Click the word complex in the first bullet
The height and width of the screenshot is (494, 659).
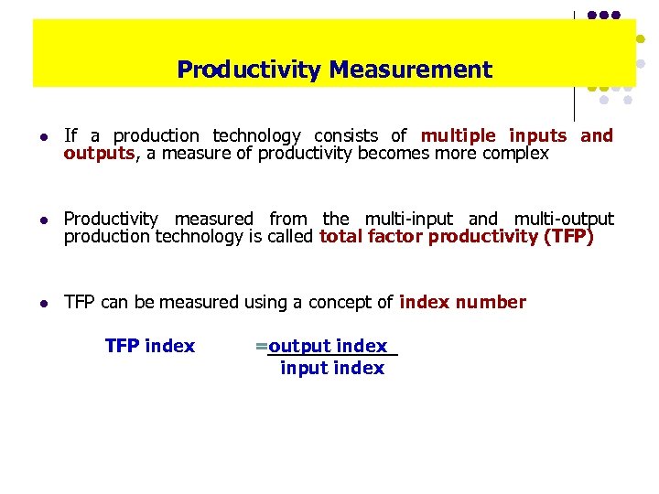pyautogui.click(x=519, y=154)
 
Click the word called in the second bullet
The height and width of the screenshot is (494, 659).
pyautogui.click(x=292, y=237)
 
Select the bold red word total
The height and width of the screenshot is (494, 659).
pyautogui.click(x=342, y=237)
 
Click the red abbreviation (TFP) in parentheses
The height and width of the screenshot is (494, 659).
pyautogui.click(x=569, y=237)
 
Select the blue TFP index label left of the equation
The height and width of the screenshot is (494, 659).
pyautogui.click(x=150, y=346)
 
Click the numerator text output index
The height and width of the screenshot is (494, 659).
pyautogui.click(x=328, y=346)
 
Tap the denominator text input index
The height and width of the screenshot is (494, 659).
pyautogui.click(x=332, y=368)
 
